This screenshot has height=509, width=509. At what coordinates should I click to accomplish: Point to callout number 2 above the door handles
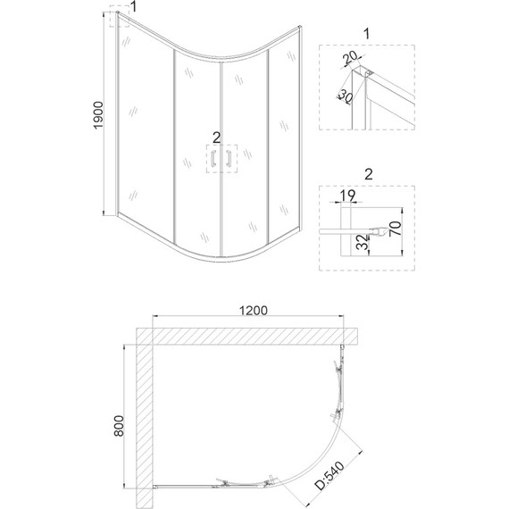pyautogui.click(x=217, y=136)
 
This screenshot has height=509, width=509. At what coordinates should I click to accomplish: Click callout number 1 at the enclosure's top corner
pyautogui.click(x=133, y=8)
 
